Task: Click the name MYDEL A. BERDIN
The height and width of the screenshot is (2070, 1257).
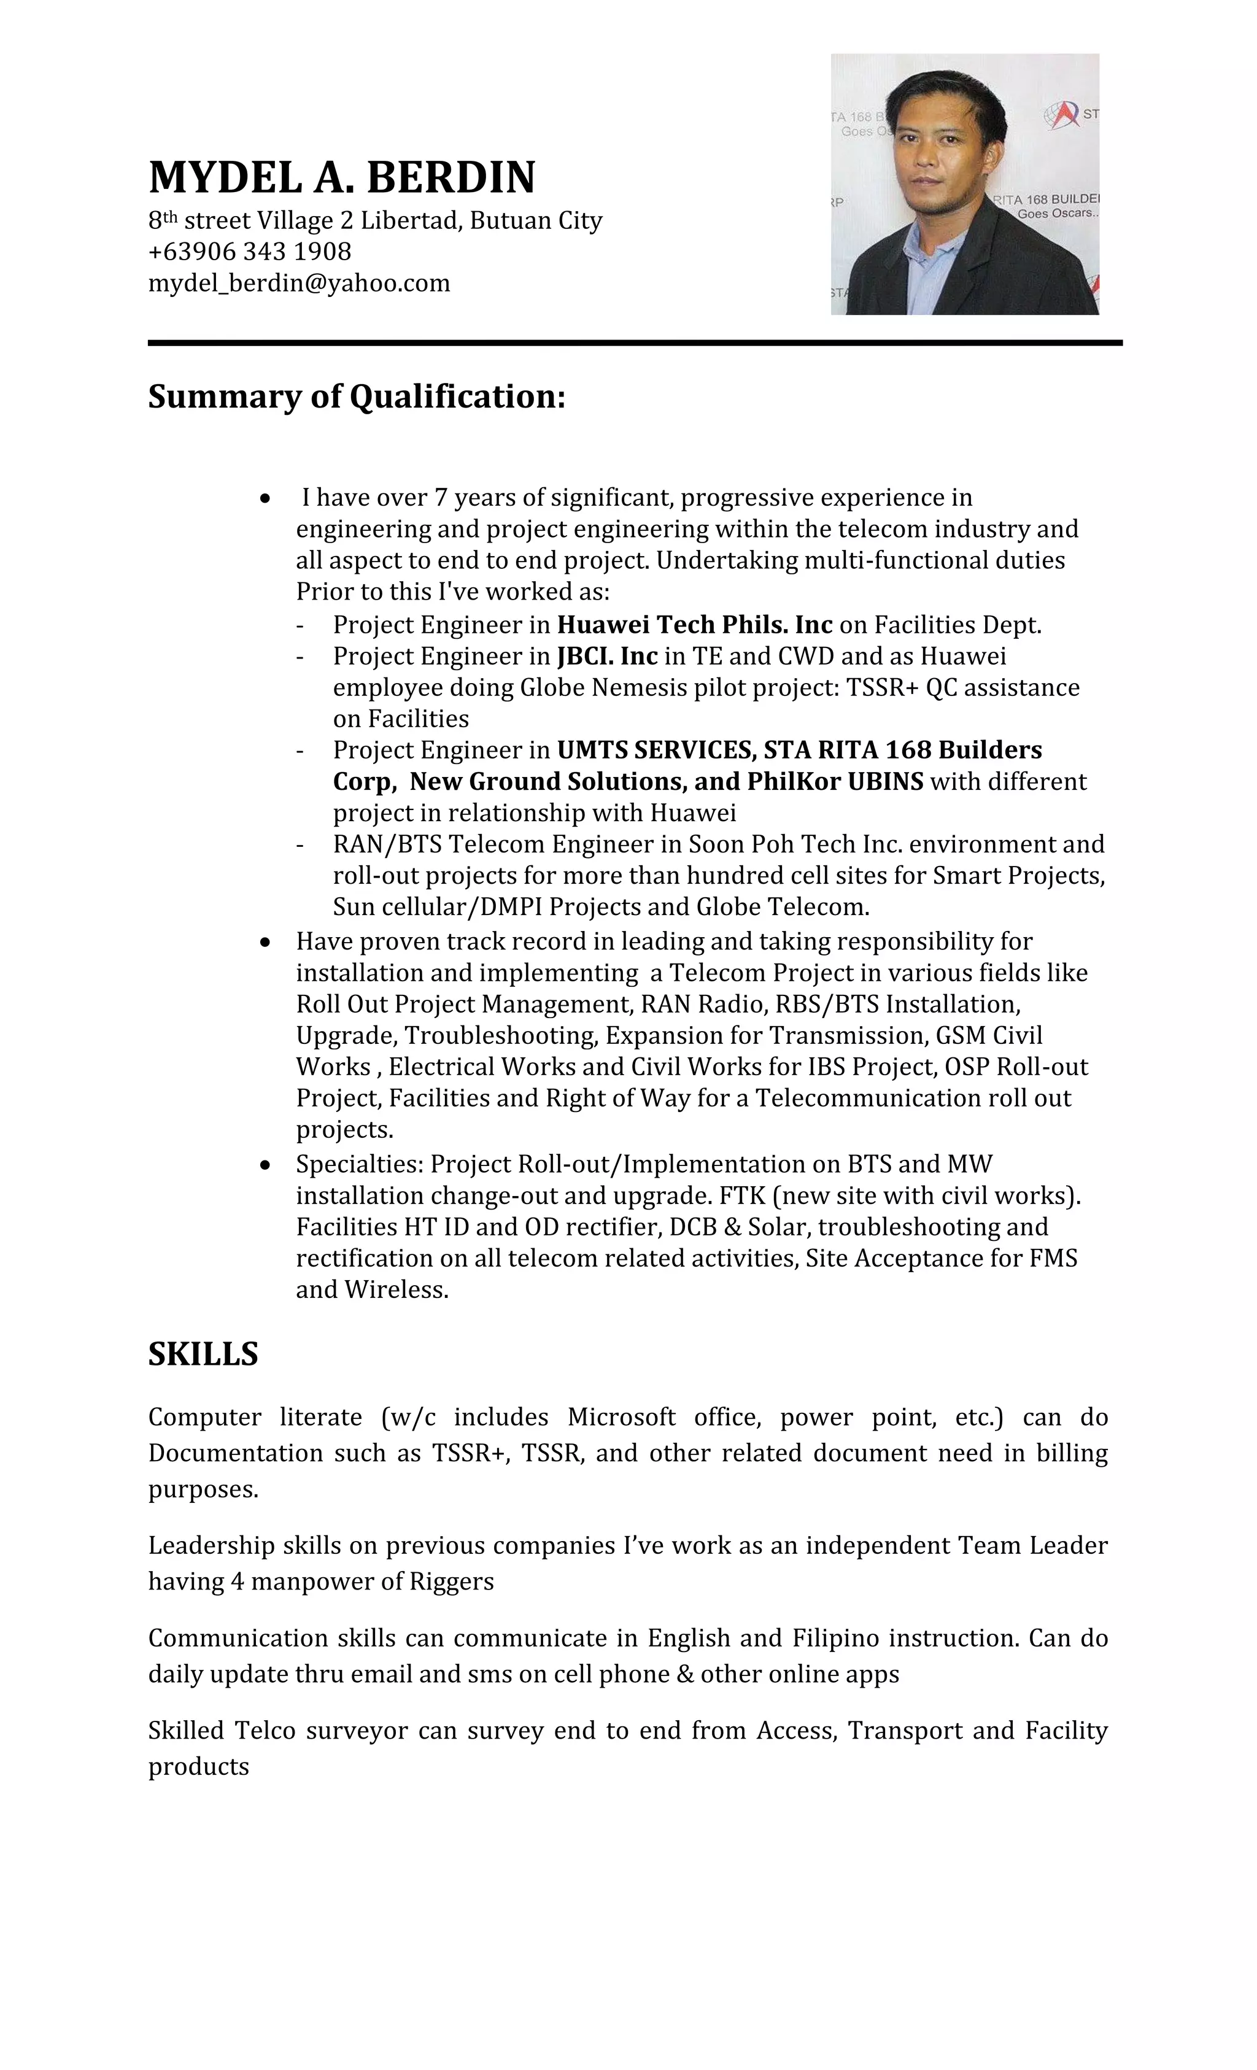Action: pyautogui.click(x=341, y=177)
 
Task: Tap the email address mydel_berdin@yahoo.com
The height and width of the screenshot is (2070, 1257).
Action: pyautogui.click(x=299, y=283)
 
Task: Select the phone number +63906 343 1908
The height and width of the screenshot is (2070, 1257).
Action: pyautogui.click(x=250, y=251)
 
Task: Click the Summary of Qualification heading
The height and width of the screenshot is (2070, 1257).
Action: pyautogui.click(x=356, y=396)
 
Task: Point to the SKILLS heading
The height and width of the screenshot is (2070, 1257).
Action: pyautogui.click(x=203, y=1354)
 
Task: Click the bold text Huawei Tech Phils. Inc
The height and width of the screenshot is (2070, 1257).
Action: pyautogui.click(x=694, y=625)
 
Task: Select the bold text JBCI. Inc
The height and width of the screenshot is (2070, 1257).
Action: pyautogui.click(x=606, y=656)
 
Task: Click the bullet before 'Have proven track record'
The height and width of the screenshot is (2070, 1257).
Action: pyautogui.click(x=266, y=943)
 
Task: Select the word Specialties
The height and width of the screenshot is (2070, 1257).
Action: pyautogui.click(x=360, y=1164)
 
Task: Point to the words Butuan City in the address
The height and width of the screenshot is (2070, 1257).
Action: pyautogui.click(x=535, y=220)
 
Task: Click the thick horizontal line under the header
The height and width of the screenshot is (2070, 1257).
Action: pyautogui.click(x=635, y=343)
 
